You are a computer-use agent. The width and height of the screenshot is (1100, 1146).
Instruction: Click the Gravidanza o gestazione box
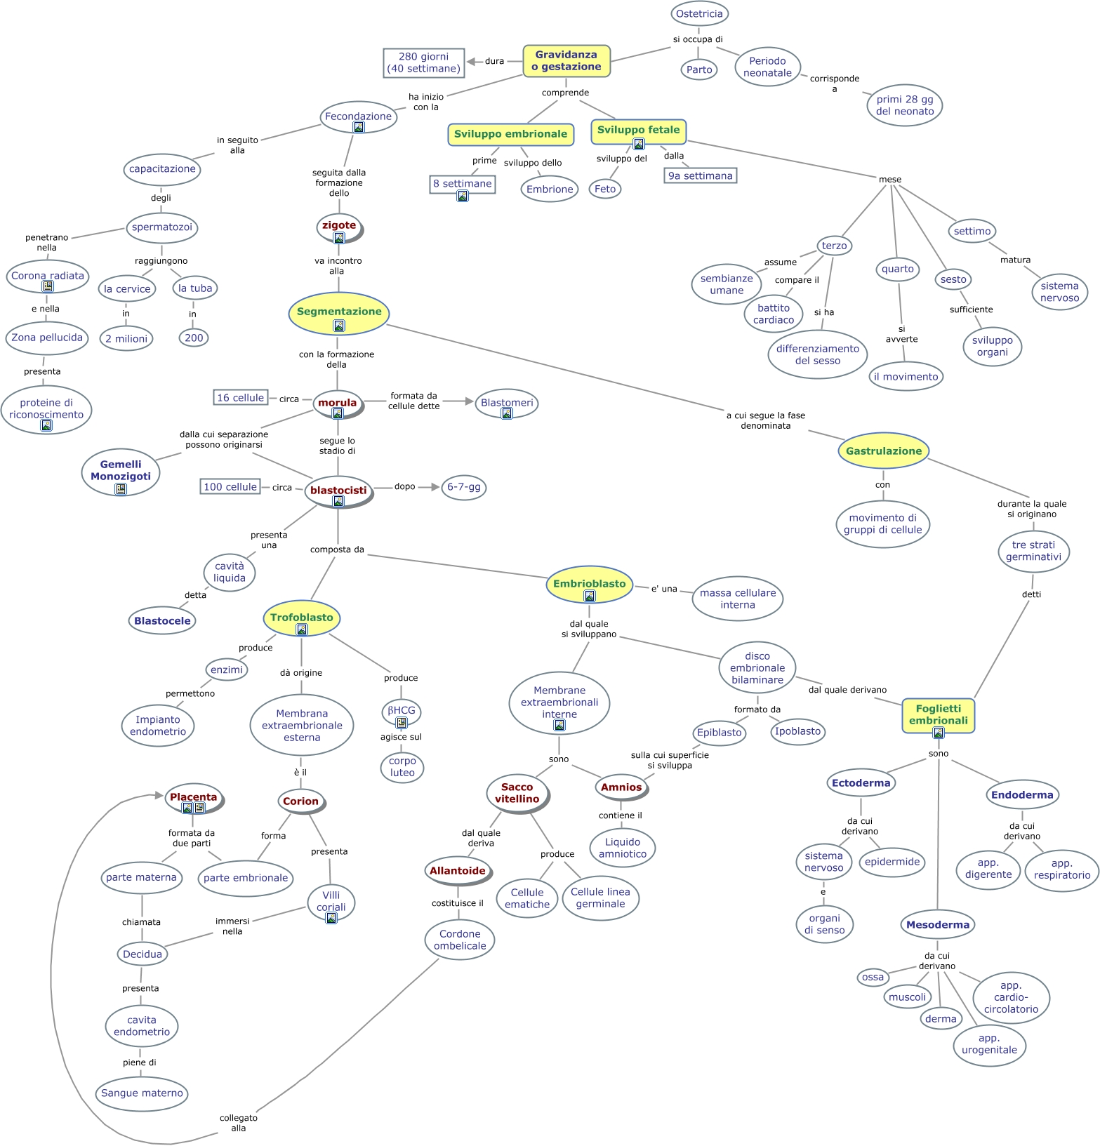pyautogui.click(x=566, y=61)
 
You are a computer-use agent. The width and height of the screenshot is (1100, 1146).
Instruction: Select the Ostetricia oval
pyautogui.click(x=699, y=14)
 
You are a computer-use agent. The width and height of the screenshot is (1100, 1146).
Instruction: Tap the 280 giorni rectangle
pyautogui.click(x=423, y=62)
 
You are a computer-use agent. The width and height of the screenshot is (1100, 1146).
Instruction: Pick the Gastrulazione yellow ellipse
pyautogui.click(x=883, y=451)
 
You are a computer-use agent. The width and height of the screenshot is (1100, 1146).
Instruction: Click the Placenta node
pyautogui.click(x=193, y=797)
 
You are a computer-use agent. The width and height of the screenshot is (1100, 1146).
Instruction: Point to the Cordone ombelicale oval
pyautogui.click(x=460, y=940)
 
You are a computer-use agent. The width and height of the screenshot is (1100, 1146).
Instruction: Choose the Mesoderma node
pyautogui.click(x=938, y=925)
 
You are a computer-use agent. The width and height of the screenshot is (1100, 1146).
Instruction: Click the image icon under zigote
pyautogui.click(x=339, y=238)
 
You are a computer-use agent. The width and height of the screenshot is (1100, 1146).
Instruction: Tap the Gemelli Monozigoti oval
pyautogui.click(x=120, y=471)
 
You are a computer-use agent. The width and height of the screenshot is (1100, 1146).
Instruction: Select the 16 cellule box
pyautogui.click(x=240, y=398)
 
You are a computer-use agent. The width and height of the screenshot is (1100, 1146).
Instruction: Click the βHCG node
pyautogui.click(x=402, y=711)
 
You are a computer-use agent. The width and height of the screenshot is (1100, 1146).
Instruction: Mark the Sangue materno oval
pyautogui.click(x=142, y=1093)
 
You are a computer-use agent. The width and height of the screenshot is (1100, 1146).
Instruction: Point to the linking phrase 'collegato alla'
pyautogui.click(x=239, y=1123)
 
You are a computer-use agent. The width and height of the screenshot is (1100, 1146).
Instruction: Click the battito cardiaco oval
pyautogui.click(x=774, y=314)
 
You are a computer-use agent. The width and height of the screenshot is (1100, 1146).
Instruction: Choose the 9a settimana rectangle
pyautogui.click(x=700, y=175)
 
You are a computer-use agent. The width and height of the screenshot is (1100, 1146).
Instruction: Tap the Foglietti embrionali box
pyautogui.click(x=938, y=715)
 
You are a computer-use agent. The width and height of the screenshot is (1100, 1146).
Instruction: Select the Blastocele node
pyautogui.click(x=162, y=621)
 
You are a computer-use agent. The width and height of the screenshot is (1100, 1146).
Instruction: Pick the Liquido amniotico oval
pyautogui.click(x=623, y=848)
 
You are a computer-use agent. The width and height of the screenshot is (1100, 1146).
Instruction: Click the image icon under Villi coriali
pyautogui.click(x=331, y=918)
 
